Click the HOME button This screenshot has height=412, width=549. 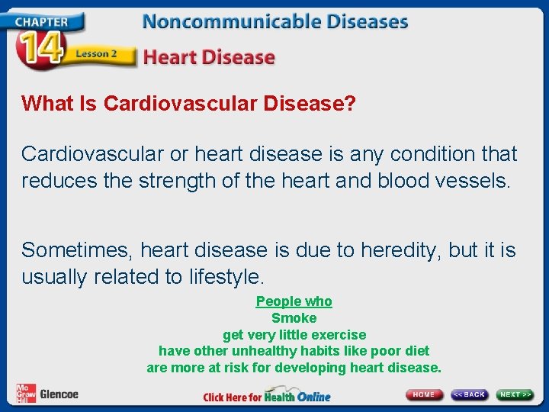[x=424, y=394]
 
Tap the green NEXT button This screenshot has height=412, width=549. [x=515, y=394]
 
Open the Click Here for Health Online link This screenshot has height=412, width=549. [x=267, y=397]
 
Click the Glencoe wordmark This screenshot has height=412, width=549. [x=59, y=394]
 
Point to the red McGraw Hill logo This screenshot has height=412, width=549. [x=26, y=393]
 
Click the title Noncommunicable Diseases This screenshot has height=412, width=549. [x=274, y=21]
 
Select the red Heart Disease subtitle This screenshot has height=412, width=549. [x=208, y=57]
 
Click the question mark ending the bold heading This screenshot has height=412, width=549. [x=350, y=104]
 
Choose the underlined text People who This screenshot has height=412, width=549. [x=294, y=301]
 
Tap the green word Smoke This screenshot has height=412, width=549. [x=294, y=318]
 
